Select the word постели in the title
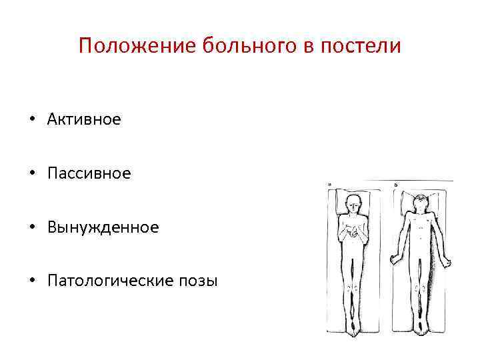pos(364,46)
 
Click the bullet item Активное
pos(84,119)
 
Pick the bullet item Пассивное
pos(89,173)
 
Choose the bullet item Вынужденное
pos(103,227)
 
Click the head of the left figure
pos(353,203)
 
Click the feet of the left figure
pos(353,327)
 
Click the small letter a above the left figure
pos(329,185)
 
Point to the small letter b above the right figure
pos(395,185)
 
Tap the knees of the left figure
pos(353,289)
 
